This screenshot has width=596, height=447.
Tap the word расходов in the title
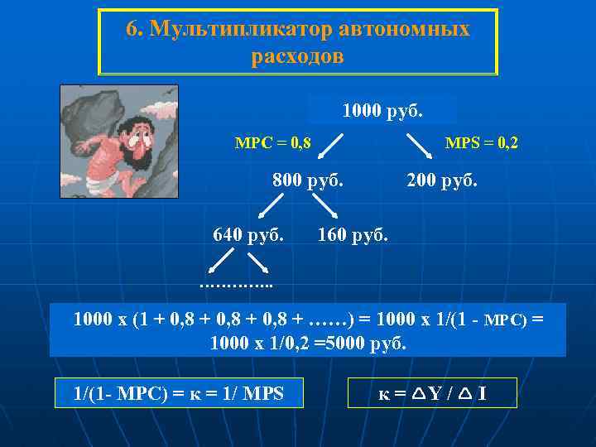[297, 57]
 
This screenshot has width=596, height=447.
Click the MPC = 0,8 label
[273, 143]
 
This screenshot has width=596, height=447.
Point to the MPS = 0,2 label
[482, 143]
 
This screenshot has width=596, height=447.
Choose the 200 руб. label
[442, 180]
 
